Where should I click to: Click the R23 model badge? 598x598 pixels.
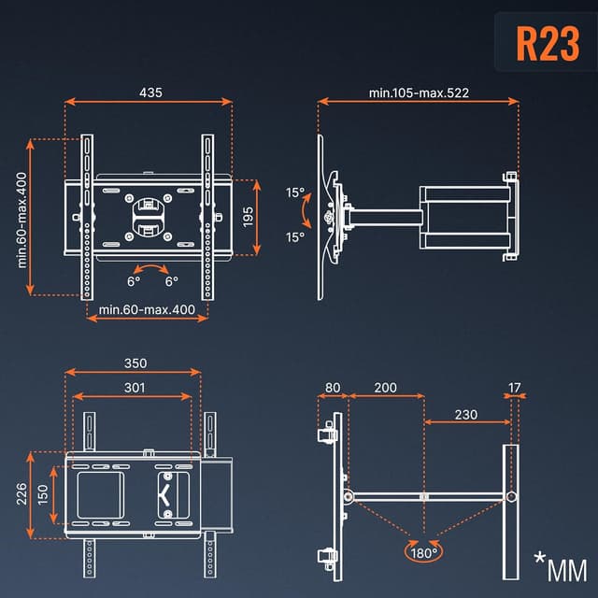pos(548,43)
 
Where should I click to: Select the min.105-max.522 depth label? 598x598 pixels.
pos(418,93)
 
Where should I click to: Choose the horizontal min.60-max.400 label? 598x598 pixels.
pos(147,309)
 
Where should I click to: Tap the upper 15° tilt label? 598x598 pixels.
pos(295,193)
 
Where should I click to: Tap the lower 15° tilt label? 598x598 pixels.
pos(295,237)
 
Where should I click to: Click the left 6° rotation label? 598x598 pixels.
pos(134,280)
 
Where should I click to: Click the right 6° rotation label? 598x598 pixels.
pos(172,280)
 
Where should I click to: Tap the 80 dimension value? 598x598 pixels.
pos(334,388)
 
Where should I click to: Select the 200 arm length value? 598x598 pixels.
pos(384,388)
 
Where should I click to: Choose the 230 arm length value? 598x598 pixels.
pos(466,415)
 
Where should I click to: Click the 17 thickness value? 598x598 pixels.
pos(515,388)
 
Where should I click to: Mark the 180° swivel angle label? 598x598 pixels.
pos(422,553)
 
